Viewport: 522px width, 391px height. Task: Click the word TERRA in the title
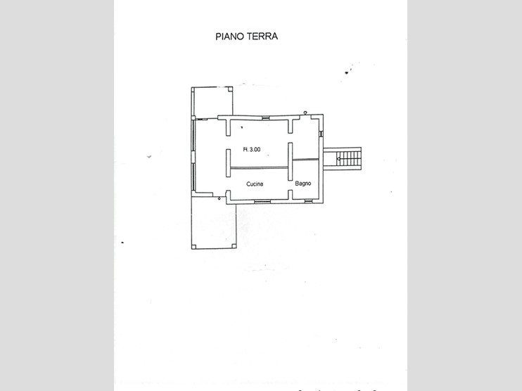pyautogui.click(x=262, y=37)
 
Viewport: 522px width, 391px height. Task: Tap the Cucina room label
pyautogui.click(x=255, y=184)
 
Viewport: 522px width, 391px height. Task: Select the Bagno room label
pyautogui.click(x=304, y=184)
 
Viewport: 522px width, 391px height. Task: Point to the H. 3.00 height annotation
pyautogui.click(x=251, y=149)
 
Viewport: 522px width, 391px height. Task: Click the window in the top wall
pyautogui.click(x=262, y=117)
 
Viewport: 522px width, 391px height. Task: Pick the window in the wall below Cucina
pyautogui.click(x=262, y=202)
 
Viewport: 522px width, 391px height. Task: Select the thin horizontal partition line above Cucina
pyautogui.click(x=260, y=167)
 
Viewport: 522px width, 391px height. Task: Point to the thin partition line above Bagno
pyautogui.click(x=307, y=159)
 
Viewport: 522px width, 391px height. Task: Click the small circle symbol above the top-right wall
pyautogui.click(x=305, y=112)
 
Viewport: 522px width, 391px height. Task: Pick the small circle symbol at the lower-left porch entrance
pyautogui.click(x=219, y=199)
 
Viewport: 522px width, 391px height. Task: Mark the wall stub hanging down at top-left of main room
pyautogui.click(x=228, y=127)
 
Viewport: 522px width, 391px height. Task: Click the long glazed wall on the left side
pyautogui.click(x=193, y=155)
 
